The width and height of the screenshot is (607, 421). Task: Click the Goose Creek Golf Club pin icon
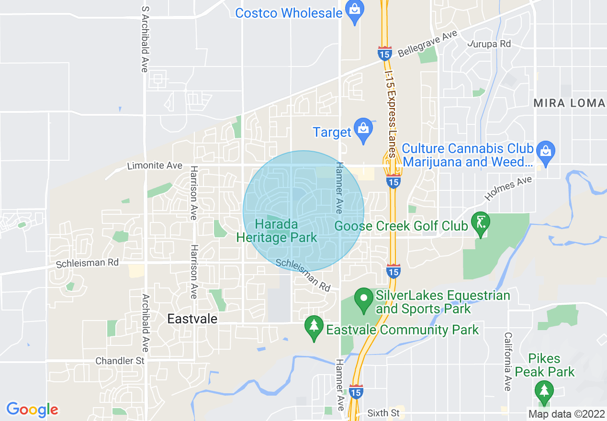[481, 223]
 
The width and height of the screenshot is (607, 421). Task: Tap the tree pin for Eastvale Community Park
[314, 328]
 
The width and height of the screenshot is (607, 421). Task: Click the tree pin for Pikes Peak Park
[544, 391]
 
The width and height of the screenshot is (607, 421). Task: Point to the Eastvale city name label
[192, 319]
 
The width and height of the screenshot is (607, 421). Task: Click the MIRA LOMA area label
[569, 103]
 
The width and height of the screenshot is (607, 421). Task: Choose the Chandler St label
[120, 361]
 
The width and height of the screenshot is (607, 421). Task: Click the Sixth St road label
[383, 412]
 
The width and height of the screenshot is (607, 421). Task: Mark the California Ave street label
[507, 361]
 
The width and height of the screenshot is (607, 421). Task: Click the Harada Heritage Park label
[277, 231]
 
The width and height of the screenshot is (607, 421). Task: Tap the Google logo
[32, 410]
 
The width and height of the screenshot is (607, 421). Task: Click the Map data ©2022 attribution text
[567, 414]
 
